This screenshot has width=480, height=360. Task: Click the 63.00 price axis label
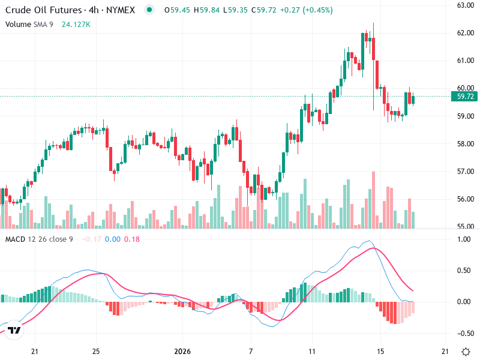tap(466, 5)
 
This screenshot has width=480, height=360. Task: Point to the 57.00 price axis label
tap(466, 172)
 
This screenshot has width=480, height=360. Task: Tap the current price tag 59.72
tap(466, 96)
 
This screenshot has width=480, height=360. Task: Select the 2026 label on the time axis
tap(181, 351)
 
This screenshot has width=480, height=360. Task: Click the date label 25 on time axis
tap(96, 351)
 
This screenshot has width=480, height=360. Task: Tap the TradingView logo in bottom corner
tap(15, 331)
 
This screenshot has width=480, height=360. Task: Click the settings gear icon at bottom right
tap(465, 351)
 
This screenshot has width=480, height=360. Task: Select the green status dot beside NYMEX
tap(149, 10)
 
